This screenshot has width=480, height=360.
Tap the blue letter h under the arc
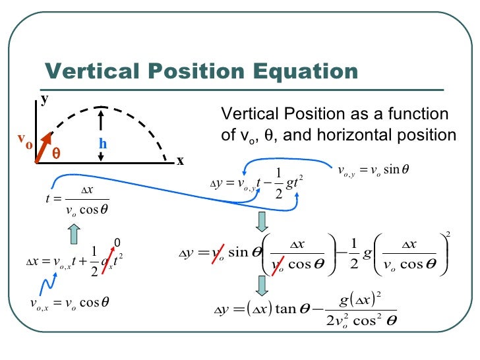[103, 143]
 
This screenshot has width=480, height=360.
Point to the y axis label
[45, 100]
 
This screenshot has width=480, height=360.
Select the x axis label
[179, 161]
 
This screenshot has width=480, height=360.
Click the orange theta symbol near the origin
[56, 151]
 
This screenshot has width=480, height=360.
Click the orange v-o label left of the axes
[24, 140]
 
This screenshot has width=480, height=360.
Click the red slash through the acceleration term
[109, 259]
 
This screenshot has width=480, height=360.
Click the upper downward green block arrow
[262, 221]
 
